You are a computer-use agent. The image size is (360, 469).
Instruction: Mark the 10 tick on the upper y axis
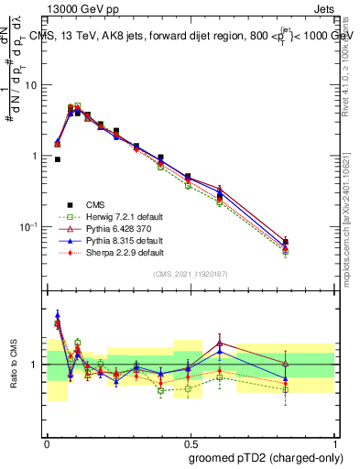[32, 85]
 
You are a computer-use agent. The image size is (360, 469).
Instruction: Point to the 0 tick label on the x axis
[46, 442]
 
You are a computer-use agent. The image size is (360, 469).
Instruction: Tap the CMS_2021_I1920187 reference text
[190, 274]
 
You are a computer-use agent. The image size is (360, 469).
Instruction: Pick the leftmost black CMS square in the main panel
[57, 159]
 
